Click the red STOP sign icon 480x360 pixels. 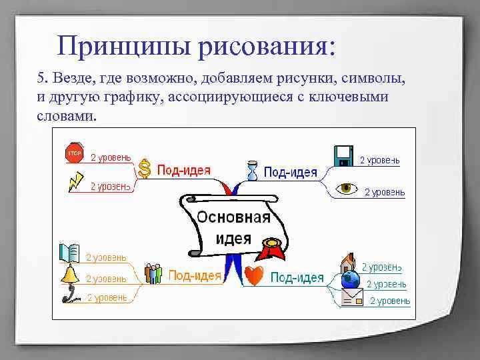[x=73, y=153]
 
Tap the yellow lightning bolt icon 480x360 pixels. [x=76, y=181]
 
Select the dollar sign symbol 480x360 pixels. [x=145, y=169]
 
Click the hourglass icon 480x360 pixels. [x=251, y=170]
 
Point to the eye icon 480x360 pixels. [x=346, y=188]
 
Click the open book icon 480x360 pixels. [x=69, y=253]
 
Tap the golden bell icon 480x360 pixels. [x=70, y=273]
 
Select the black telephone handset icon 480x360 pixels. [x=69, y=294]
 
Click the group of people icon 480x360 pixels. [x=154, y=273]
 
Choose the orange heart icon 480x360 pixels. [x=254, y=275]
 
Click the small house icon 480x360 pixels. [x=348, y=261]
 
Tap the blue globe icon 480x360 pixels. [x=349, y=280]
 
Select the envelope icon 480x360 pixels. [x=352, y=299]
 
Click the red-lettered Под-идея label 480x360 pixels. [x=183, y=170]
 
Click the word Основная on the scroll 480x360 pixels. [x=233, y=217]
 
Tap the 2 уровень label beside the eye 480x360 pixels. [x=384, y=192]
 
